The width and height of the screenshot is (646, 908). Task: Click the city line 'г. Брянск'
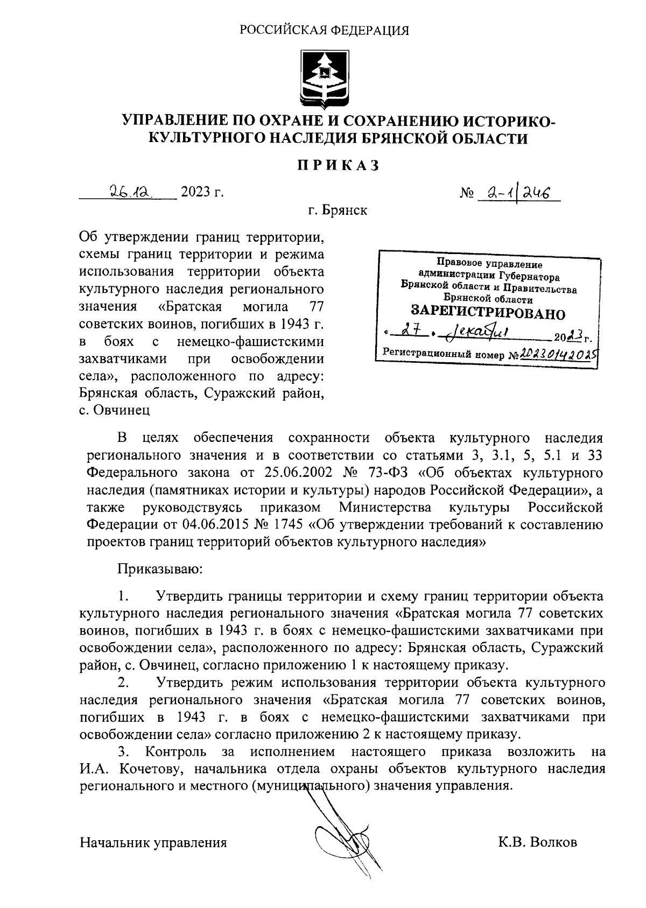(338, 210)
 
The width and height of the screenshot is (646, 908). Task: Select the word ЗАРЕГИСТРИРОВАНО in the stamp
(488, 313)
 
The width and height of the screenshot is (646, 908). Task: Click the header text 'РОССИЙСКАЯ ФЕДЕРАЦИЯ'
(324, 30)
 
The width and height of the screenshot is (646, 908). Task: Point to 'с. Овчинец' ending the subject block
(114, 410)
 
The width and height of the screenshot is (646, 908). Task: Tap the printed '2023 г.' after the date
(202, 192)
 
